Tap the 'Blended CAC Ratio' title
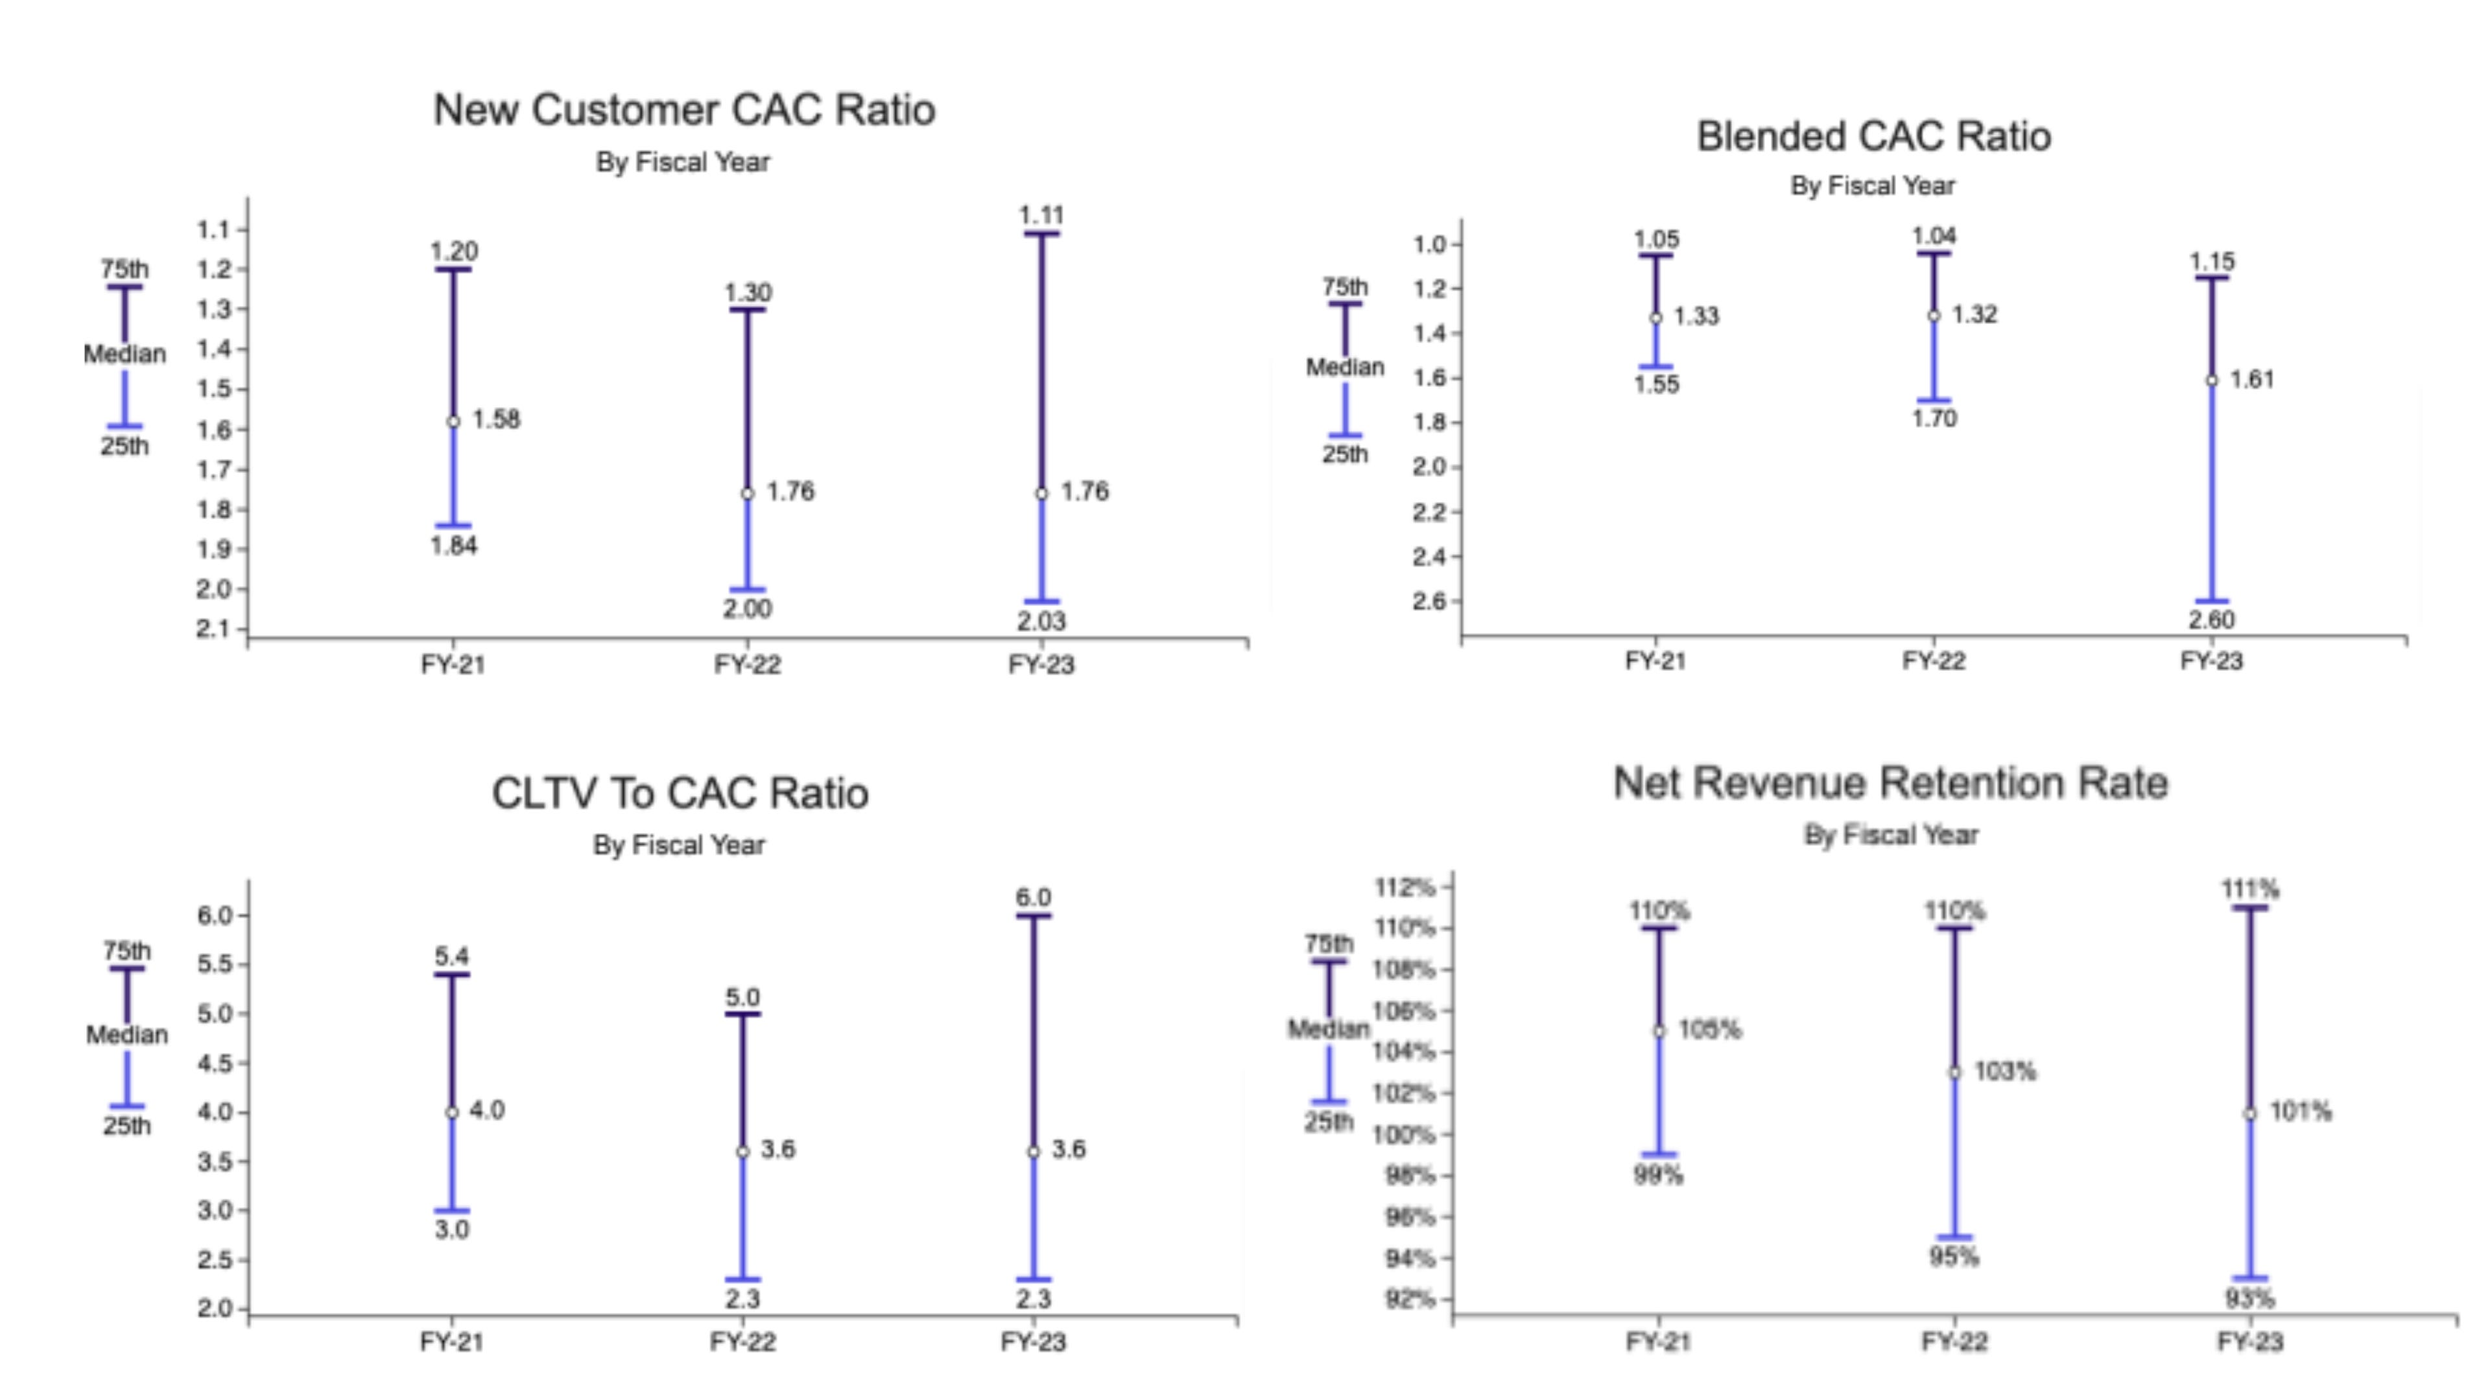(1873, 136)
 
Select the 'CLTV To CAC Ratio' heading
(680, 793)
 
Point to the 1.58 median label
(496, 419)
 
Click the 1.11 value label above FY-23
(1041, 215)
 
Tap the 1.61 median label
(2251, 380)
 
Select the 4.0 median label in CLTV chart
(486, 1110)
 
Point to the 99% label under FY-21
(1658, 1176)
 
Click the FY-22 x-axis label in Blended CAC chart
(1933, 662)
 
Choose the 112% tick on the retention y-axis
(1405, 887)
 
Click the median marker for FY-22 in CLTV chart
(742, 1152)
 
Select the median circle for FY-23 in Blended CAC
(2212, 380)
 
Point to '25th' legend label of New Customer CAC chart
(124, 447)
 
